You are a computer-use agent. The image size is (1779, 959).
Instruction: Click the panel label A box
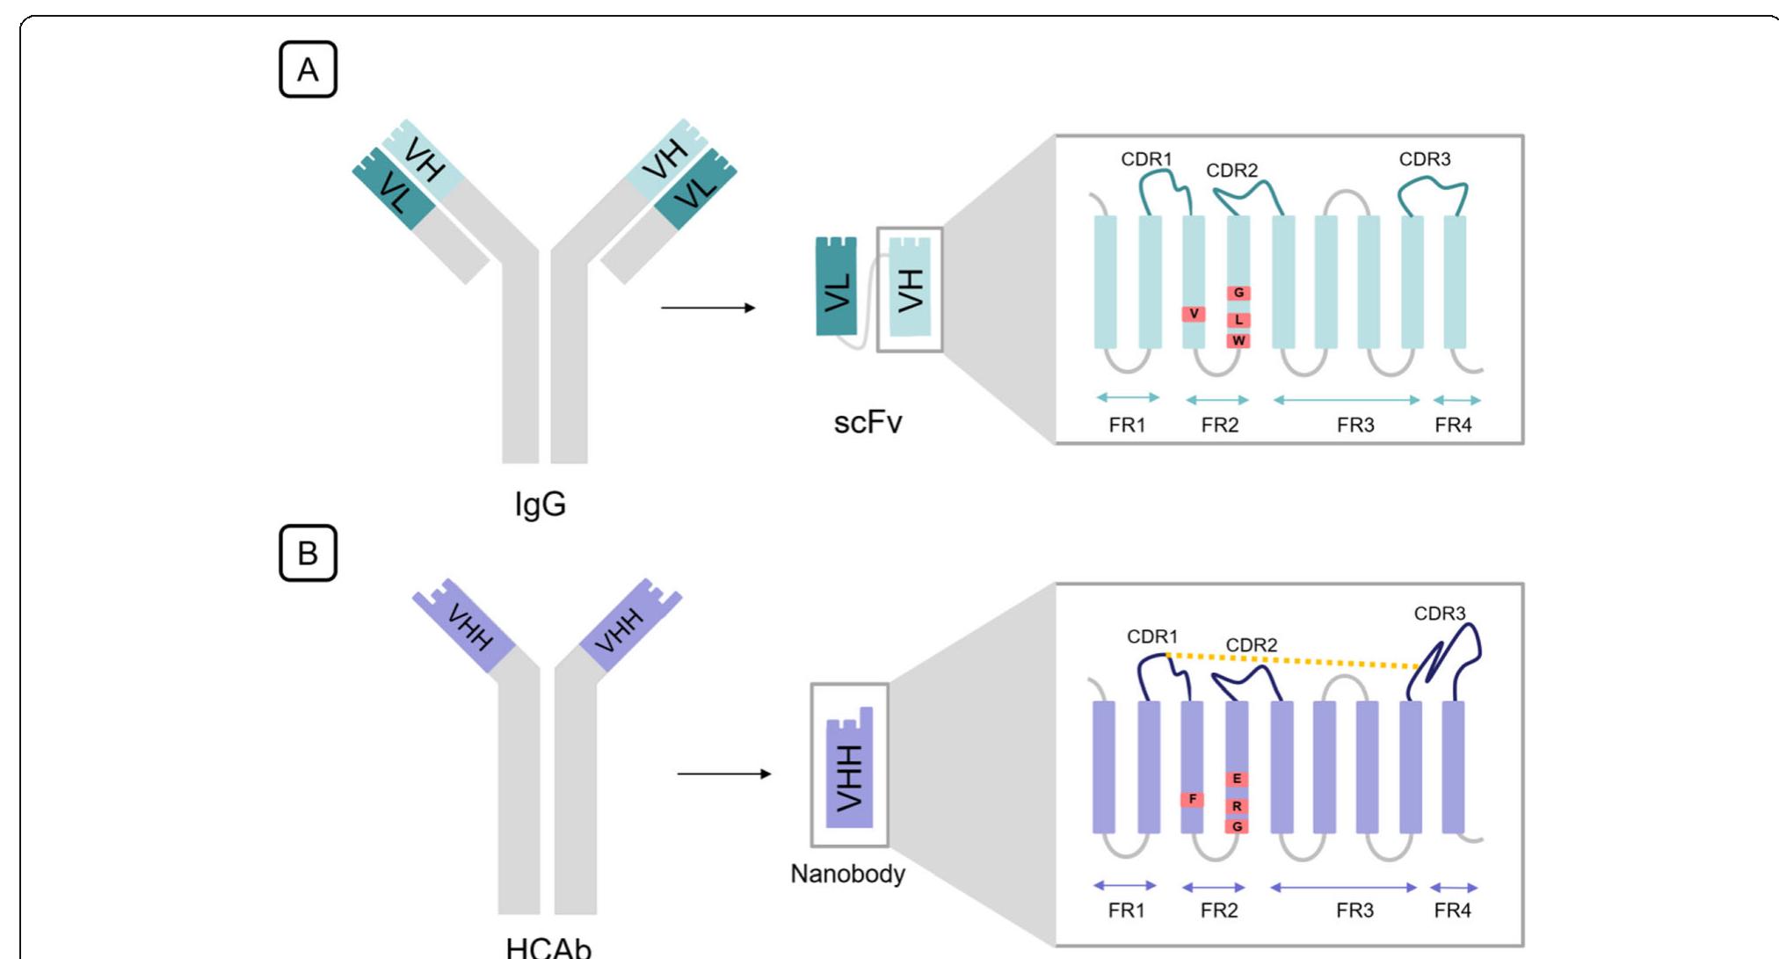pyautogui.click(x=308, y=69)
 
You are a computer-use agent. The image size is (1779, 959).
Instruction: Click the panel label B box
pyautogui.click(x=308, y=554)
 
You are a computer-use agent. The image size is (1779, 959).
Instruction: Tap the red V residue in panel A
pyautogui.click(x=1194, y=314)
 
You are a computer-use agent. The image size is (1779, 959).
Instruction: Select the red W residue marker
pyautogui.click(x=1238, y=340)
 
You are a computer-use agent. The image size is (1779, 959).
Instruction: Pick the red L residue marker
pyautogui.click(x=1238, y=319)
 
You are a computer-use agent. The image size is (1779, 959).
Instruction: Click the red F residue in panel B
pyautogui.click(x=1192, y=799)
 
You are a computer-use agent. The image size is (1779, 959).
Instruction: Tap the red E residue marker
pyautogui.click(x=1237, y=779)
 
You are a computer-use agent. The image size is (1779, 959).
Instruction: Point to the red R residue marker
pyautogui.click(x=1237, y=805)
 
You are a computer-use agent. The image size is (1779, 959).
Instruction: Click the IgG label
pyautogui.click(x=540, y=505)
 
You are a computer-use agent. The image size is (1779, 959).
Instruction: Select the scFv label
pyautogui.click(x=868, y=423)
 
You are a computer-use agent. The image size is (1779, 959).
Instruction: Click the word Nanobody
pyautogui.click(x=847, y=874)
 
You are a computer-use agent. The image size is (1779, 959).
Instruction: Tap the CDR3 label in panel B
pyautogui.click(x=1439, y=614)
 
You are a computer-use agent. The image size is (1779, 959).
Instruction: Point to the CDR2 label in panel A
pyautogui.click(x=1231, y=171)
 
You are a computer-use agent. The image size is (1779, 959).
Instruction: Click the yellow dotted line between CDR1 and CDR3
pyautogui.click(x=1292, y=661)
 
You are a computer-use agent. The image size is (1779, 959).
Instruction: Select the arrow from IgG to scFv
pyautogui.click(x=708, y=308)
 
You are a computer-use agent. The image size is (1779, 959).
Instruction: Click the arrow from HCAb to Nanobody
pyautogui.click(x=723, y=774)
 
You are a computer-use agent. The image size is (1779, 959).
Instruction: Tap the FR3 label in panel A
pyautogui.click(x=1354, y=425)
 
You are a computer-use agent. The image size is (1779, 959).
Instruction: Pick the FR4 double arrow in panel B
pyautogui.click(x=1454, y=888)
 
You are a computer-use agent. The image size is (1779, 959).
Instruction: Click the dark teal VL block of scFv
pyautogui.click(x=836, y=287)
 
